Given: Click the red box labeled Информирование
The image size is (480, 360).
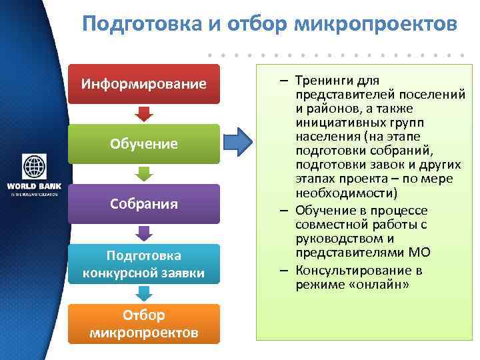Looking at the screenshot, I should tap(143, 84).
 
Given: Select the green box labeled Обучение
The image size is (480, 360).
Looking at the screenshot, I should tap(143, 143).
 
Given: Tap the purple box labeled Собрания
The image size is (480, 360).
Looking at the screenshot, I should tap(143, 203).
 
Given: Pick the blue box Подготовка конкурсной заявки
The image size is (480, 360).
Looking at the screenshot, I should tap(143, 263).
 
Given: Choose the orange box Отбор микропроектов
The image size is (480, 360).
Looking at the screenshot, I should tap(143, 323).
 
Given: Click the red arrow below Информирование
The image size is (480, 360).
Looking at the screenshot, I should tap(143, 113).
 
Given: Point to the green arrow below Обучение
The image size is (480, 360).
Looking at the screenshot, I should tap(143, 173).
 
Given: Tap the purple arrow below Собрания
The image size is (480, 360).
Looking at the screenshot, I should tap(143, 233).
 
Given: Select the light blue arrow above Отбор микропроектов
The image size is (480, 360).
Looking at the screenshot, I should tap(143, 293).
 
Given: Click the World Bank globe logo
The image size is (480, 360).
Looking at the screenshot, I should tap(33, 165).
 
